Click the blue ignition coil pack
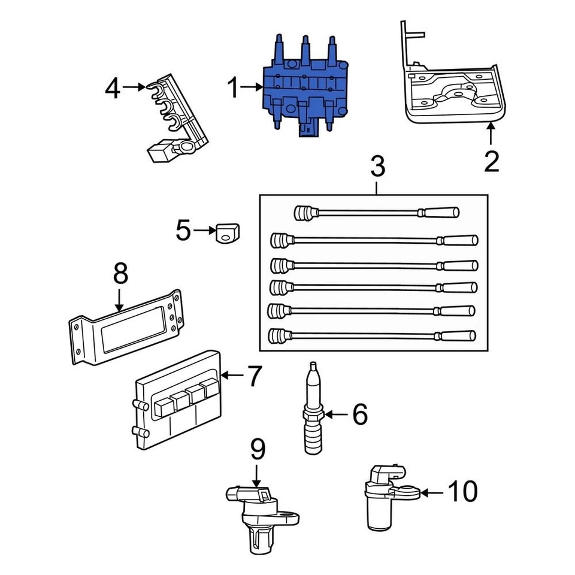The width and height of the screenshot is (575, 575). tap(302, 90)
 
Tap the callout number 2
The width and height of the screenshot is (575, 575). tap(491, 162)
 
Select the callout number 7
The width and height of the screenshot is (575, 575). tap(254, 376)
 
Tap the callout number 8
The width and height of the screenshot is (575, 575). tap(120, 274)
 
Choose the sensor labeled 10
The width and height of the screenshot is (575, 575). tap(383, 497)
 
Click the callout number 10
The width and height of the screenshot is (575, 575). tap(462, 492)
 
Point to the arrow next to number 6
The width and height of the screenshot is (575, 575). tap(335, 414)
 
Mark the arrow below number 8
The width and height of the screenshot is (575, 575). tap(120, 299)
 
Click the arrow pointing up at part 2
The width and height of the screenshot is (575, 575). tap(491, 135)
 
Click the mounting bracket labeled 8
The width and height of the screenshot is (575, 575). tap(126, 326)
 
